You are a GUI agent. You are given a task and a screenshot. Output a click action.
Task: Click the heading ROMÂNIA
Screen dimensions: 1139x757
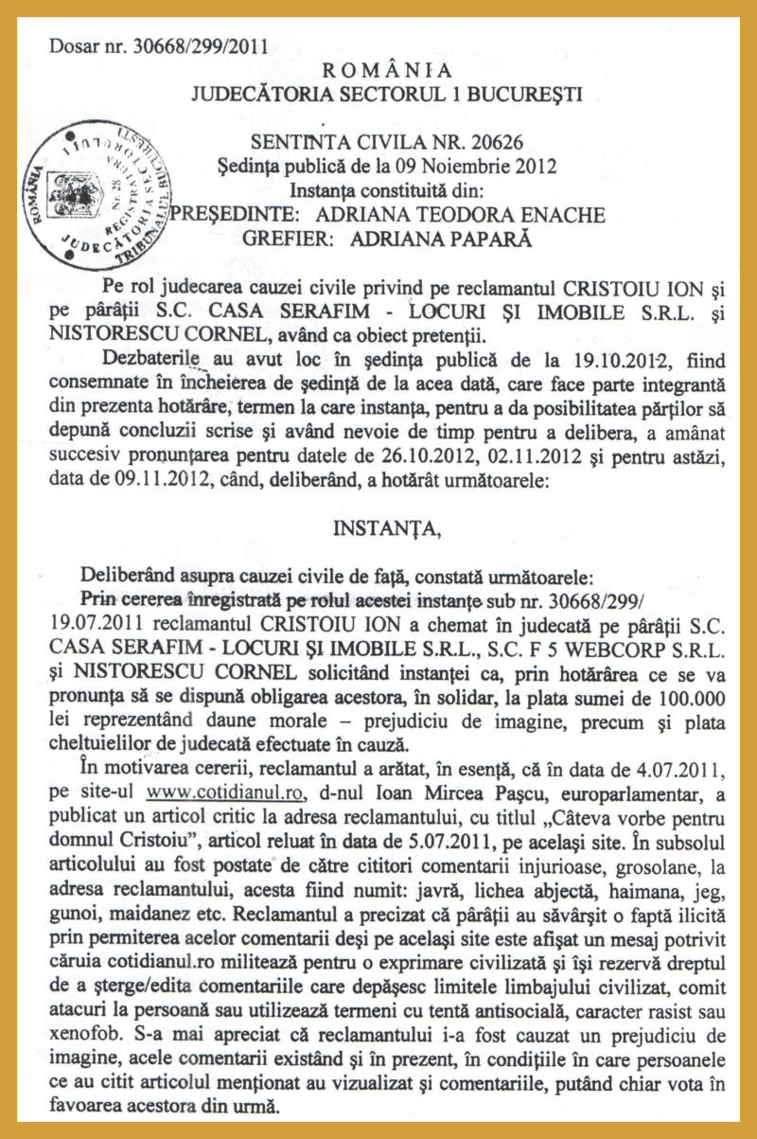tap(388, 69)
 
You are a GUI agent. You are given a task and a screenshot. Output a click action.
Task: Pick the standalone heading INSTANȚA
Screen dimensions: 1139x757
tap(387, 528)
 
